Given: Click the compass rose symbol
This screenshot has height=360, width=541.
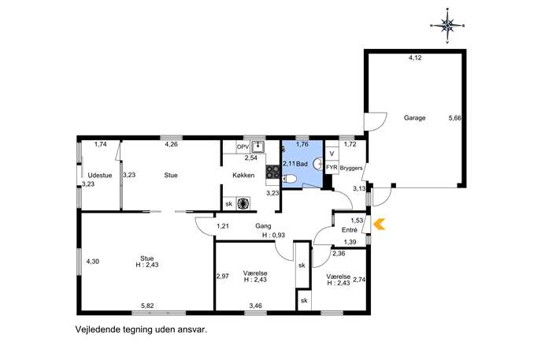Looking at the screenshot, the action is click(447, 25).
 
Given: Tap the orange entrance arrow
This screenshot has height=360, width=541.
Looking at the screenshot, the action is click(380, 225).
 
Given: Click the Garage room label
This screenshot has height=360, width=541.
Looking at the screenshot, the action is click(415, 117).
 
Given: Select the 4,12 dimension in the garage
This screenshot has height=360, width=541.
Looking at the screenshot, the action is click(415, 58).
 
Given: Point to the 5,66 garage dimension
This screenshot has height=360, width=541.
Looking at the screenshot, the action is click(454, 118).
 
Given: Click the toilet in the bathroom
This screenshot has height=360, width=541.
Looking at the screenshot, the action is click(290, 179).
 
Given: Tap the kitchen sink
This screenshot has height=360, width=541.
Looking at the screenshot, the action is click(258, 147).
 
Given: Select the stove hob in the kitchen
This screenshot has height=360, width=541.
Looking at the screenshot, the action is click(272, 172).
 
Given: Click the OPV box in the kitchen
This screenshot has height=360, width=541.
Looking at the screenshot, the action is click(243, 147).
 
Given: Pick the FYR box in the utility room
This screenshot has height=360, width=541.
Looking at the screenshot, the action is click(332, 168).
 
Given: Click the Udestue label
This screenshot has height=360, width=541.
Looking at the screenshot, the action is click(100, 176).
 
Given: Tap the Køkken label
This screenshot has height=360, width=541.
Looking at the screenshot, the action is click(243, 176).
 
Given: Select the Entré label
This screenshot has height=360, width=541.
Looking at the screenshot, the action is click(350, 230).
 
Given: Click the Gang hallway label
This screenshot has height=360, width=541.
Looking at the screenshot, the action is click(263, 226).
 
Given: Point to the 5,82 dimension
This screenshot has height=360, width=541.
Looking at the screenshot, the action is click(147, 306).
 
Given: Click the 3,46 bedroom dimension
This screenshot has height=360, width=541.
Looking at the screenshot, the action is click(256, 306).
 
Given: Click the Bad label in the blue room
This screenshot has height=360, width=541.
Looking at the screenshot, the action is click(302, 164).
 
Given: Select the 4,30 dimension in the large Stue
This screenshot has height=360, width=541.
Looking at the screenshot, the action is click(92, 262).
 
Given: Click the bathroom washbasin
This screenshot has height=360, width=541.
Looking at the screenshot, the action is click(318, 164).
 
